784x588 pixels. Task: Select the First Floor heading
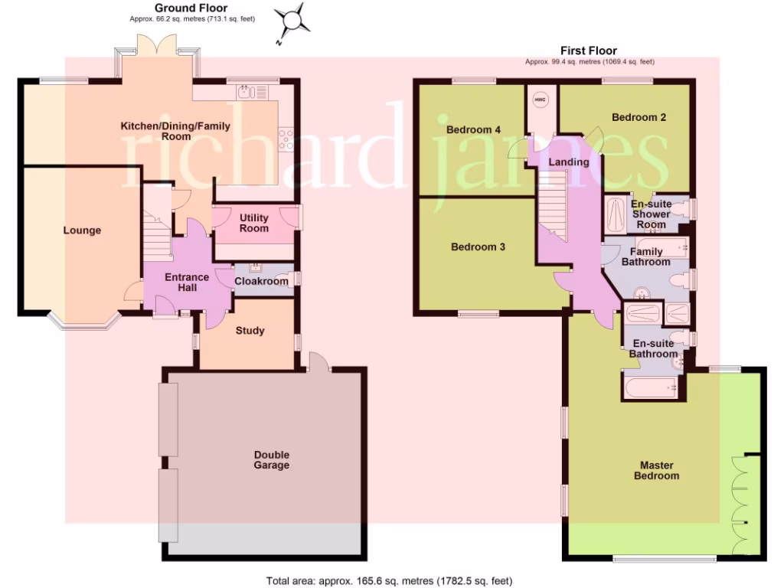[x=588, y=51]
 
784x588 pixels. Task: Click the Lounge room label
[x=82, y=230]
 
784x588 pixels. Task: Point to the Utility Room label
[x=253, y=223]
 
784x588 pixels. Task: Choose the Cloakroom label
[x=261, y=281]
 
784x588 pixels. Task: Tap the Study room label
[x=250, y=331]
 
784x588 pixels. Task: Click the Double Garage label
[x=272, y=459]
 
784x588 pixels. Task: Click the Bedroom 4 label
[x=473, y=130]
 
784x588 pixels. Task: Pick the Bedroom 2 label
[x=639, y=117]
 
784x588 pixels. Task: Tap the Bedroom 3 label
[x=478, y=247]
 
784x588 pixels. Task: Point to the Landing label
[x=569, y=162]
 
